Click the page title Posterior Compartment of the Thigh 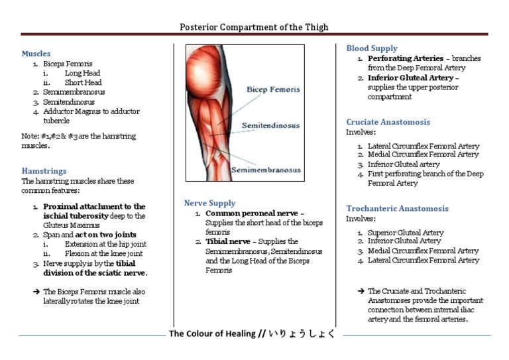(x=254, y=27)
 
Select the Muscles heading (x=36, y=54)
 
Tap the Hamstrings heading (x=44, y=170)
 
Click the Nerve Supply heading (x=209, y=203)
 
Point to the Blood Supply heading (x=372, y=48)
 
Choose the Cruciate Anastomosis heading (x=388, y=122)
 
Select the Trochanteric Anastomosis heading (x=397, y=208)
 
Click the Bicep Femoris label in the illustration (x=273, y=89)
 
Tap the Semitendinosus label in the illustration (x=270, y=125)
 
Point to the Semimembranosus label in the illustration (x=265, y=170)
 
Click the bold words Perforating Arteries (x=406, y=58)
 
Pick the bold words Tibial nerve (x=227, y=242)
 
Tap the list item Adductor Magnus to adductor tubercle (x=91, y=117)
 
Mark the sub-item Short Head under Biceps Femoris (x=83, y=83)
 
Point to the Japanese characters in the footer (x=302, y=334)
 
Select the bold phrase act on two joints (x=107, y=235)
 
